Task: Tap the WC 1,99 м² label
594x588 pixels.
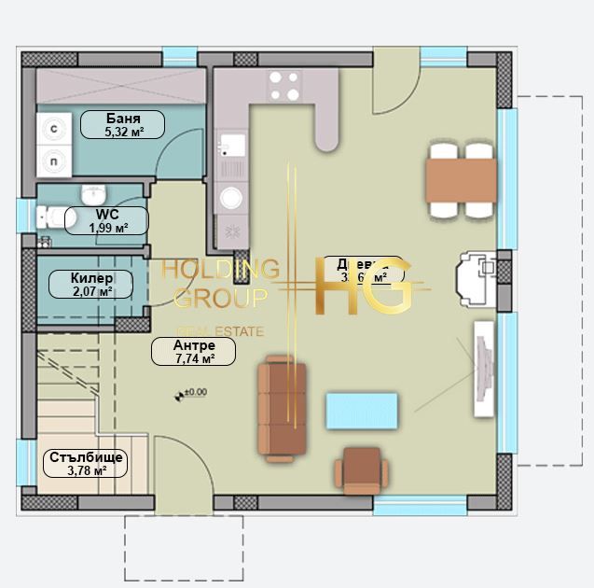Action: pyautogui.click(x=106, y=220)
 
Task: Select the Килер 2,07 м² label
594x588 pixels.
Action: pyautogui.click(x=91, y=284)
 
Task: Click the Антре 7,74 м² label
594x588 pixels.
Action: pyautogui.click(x=194, y=351)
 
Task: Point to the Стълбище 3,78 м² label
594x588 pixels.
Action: pyautogui.click(x=83, y=464)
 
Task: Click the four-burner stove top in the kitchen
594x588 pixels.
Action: pyautogui.click(x=284, y=86)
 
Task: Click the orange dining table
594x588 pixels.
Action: pyautogui.click(x=460, y=177)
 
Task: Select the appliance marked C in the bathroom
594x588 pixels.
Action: pyautogui.click(x=54, y=130)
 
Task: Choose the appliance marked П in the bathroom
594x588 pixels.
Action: pyautogui.click(x=54, y=161)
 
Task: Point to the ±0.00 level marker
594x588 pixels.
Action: pyautogui.click(x=190, y=394)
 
